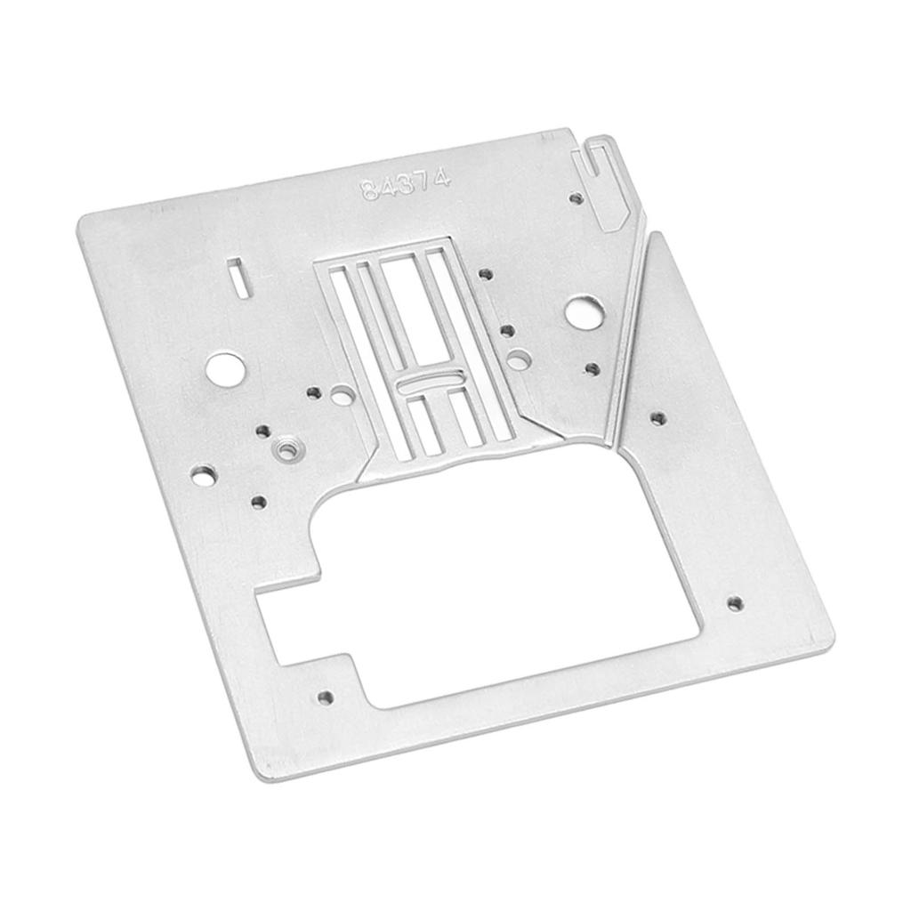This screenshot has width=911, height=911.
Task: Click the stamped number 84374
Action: coord(406,184)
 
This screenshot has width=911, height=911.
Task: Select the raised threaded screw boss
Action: coord(286,451)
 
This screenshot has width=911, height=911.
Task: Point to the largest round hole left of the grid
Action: coord(224,367)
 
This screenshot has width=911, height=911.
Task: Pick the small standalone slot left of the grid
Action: coord(237,275)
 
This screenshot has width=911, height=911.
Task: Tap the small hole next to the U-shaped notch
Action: coord(576,198)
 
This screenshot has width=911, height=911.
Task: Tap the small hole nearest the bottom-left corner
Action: coord(326,697)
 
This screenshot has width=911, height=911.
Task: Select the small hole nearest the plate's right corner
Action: coord(734,603)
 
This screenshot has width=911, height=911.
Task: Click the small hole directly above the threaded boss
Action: coord(263,431)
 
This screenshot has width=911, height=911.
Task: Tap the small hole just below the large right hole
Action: coord(592,367)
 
